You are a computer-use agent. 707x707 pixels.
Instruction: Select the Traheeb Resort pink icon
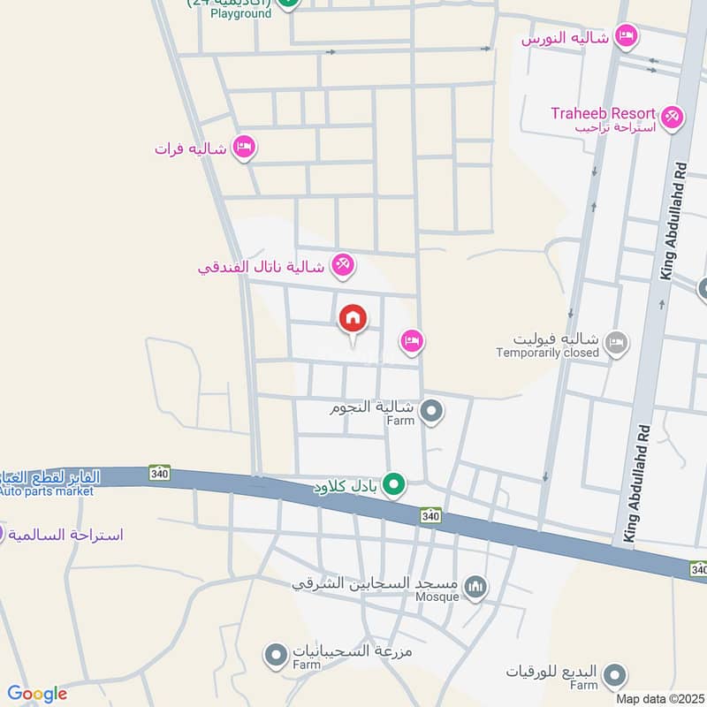point(672,116)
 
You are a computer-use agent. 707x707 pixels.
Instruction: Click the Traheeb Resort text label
point(603,113)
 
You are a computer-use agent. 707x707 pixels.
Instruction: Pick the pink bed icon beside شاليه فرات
point(244,147)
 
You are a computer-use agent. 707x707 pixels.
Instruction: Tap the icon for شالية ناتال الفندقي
point(343,263)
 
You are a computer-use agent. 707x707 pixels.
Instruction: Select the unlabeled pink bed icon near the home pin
point(411,340)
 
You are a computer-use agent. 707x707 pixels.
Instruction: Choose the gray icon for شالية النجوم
point(431,410)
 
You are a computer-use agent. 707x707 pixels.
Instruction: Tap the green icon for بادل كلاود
point(396,484)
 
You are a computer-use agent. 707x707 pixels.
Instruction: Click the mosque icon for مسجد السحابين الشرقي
point(475,586)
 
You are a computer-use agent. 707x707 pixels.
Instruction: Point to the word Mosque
point(438,597)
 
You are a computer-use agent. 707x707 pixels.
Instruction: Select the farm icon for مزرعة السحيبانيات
point(277,655)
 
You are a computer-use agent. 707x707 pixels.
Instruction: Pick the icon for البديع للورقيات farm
point(612,678)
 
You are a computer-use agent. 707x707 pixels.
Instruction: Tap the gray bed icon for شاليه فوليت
point(617,341)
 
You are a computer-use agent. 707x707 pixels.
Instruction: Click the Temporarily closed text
point(548,353)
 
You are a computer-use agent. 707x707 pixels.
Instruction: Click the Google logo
point(37,695)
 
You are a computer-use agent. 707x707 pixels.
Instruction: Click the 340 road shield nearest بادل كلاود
point(430,515)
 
